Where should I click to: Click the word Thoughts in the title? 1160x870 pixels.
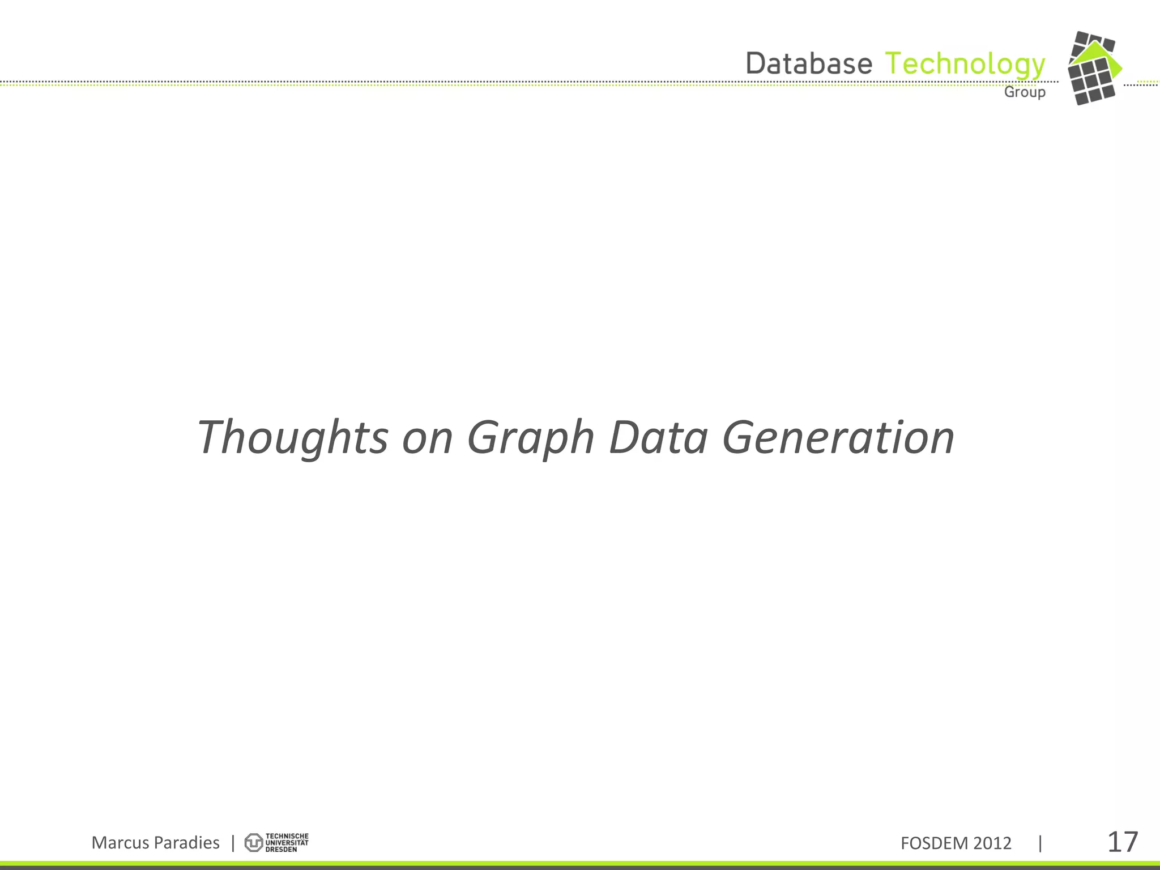click(x=292, y=437)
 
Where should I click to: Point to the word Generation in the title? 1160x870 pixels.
click(x=838, y=437)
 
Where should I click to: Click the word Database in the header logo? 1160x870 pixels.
click(x=809, y=63)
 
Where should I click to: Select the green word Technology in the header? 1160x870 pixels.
click(x=965, y=65)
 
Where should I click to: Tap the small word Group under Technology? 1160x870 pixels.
click(x=1025, y=92)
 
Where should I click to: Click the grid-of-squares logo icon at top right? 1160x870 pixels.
click(x=1092, y=82)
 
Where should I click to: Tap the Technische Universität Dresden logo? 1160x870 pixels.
click(x=276, y=843)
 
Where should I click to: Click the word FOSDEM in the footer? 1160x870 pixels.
click(x=934, y=843)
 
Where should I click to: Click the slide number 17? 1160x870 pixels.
click(x=1122, y=842)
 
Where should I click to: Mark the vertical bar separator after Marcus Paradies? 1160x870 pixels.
click(x=233, y=843)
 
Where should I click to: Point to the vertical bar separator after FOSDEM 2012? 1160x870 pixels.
click(x=1040, y=843)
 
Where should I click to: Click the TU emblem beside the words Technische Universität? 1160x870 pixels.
click(x=253, y=843)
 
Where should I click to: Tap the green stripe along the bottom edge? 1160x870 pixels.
click(x=580, y=863)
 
